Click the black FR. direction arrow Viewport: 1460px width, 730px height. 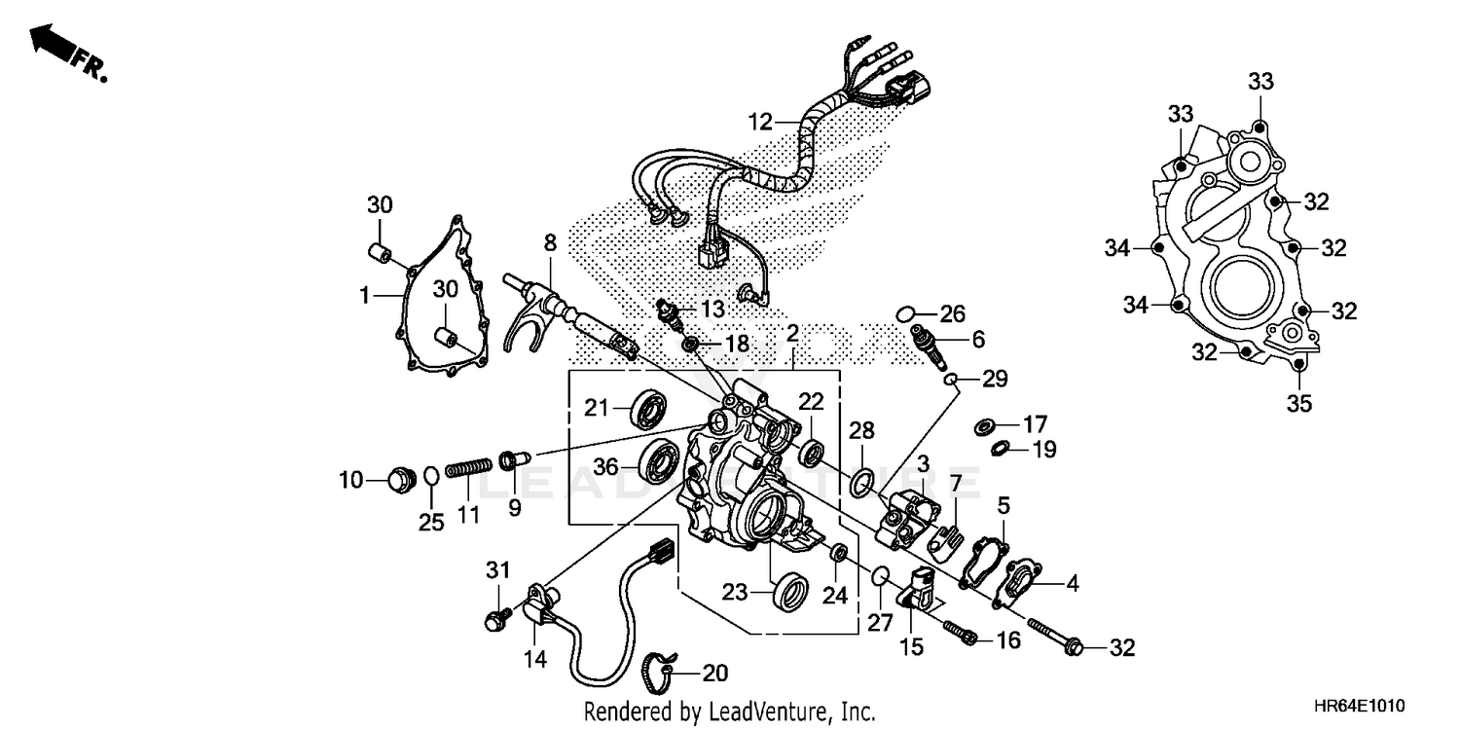(x=51, y=43)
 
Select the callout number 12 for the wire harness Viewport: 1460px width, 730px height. (x=760, y=123)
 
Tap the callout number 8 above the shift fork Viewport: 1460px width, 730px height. (x=550, y=243)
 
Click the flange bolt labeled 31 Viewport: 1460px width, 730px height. (x=494, y=619)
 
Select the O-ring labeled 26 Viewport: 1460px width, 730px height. (x=903, y=313)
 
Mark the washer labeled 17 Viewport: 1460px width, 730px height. (x=984, y=425)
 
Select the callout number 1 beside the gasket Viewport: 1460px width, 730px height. (x=364, y=293)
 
